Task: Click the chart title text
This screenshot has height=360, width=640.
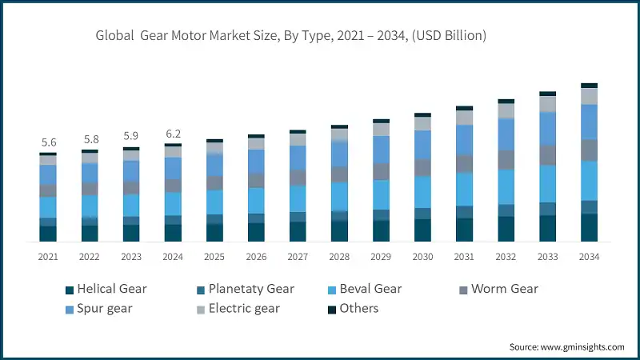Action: pyautogui.click(x=291, y=35)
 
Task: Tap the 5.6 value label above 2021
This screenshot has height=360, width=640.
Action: pyautogui.click(x=48, y=142)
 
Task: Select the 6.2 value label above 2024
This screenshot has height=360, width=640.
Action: pyautogui.click(x=173, y=134)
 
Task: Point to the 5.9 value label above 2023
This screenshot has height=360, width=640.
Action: pyautogui.click(x=131, y=136)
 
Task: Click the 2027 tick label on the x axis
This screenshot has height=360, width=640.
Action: pyautogui.click(x=298, y=257)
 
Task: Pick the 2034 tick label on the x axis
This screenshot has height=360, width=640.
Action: pyautogui.click(x=589, y=257)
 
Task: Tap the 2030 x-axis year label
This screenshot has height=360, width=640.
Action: pyautogui.click(x=422, y=257)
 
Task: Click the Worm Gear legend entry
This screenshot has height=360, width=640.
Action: pyautogui.click(x=504, y=289)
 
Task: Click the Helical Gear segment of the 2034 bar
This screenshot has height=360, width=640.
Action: pyautogui.click(x=589, y=227)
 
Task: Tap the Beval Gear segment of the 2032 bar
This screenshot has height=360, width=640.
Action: pyautogui.click(x=506, y=186)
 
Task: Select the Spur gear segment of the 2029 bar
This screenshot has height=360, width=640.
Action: pyautogui.click(x=381, y=150)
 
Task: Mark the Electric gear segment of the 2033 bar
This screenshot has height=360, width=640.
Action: pyautogui.click(x=547, y=104)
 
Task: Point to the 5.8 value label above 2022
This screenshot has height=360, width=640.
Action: pyautogui.click(x=90, y=139)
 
